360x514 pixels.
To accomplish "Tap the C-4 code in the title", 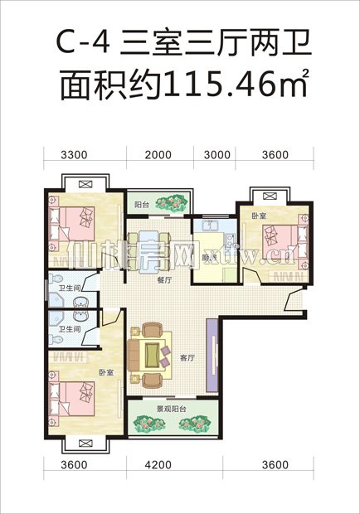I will [x=85, y=40].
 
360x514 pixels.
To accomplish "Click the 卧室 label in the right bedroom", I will [x=258, y=216].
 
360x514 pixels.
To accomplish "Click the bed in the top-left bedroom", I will [x=76, y=221].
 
